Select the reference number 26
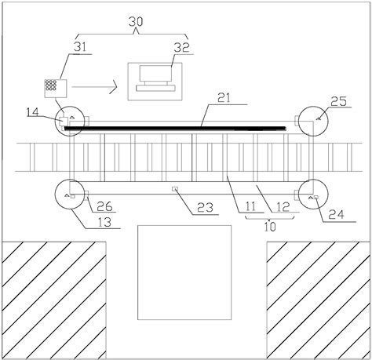tap(98, 207)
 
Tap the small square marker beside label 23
tap(177, 189)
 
